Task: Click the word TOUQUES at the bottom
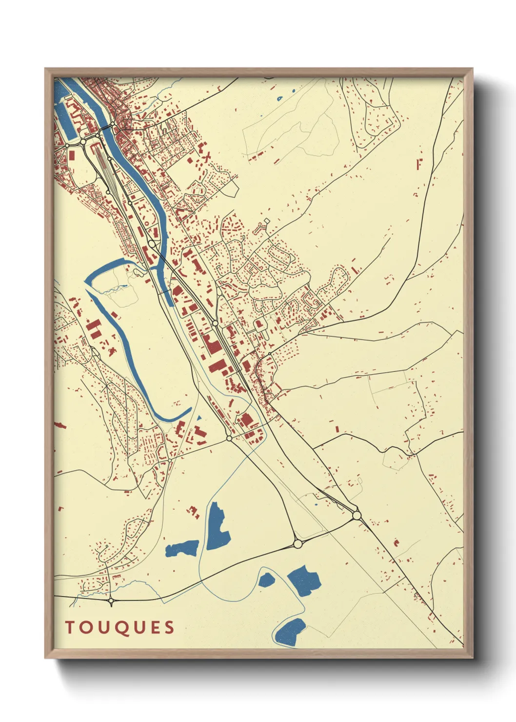120,627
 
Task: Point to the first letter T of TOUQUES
69,627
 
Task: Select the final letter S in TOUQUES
170,627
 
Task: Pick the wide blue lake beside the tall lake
182,548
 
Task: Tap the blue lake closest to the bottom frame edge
291,632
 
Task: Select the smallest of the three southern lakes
267,580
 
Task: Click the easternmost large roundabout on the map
357,515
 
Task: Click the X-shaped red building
207,157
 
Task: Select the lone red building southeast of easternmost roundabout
396,542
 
